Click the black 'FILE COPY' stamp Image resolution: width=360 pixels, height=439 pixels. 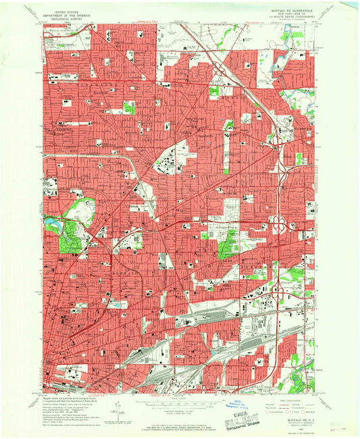[x=247, y=407]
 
